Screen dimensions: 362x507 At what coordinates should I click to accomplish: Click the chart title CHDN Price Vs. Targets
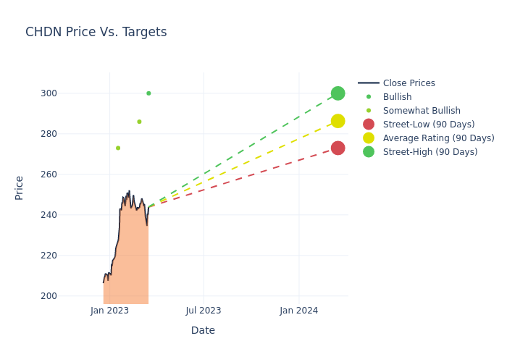96,32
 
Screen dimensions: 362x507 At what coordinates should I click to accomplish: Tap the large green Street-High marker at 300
338,93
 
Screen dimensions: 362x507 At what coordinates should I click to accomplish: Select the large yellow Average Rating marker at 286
338,121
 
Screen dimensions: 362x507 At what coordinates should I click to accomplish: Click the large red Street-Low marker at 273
338,148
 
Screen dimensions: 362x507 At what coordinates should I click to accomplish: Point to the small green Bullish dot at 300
148,93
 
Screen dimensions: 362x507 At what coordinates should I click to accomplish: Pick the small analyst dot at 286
139,122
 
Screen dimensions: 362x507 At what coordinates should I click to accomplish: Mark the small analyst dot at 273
118,148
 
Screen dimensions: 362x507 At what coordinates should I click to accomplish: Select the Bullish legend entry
397,97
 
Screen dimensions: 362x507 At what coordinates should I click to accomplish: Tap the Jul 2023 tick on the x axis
203,311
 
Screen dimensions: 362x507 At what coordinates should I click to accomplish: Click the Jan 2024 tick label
298,311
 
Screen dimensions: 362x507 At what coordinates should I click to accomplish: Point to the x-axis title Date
203,330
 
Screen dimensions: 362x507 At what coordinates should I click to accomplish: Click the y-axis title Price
20,188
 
